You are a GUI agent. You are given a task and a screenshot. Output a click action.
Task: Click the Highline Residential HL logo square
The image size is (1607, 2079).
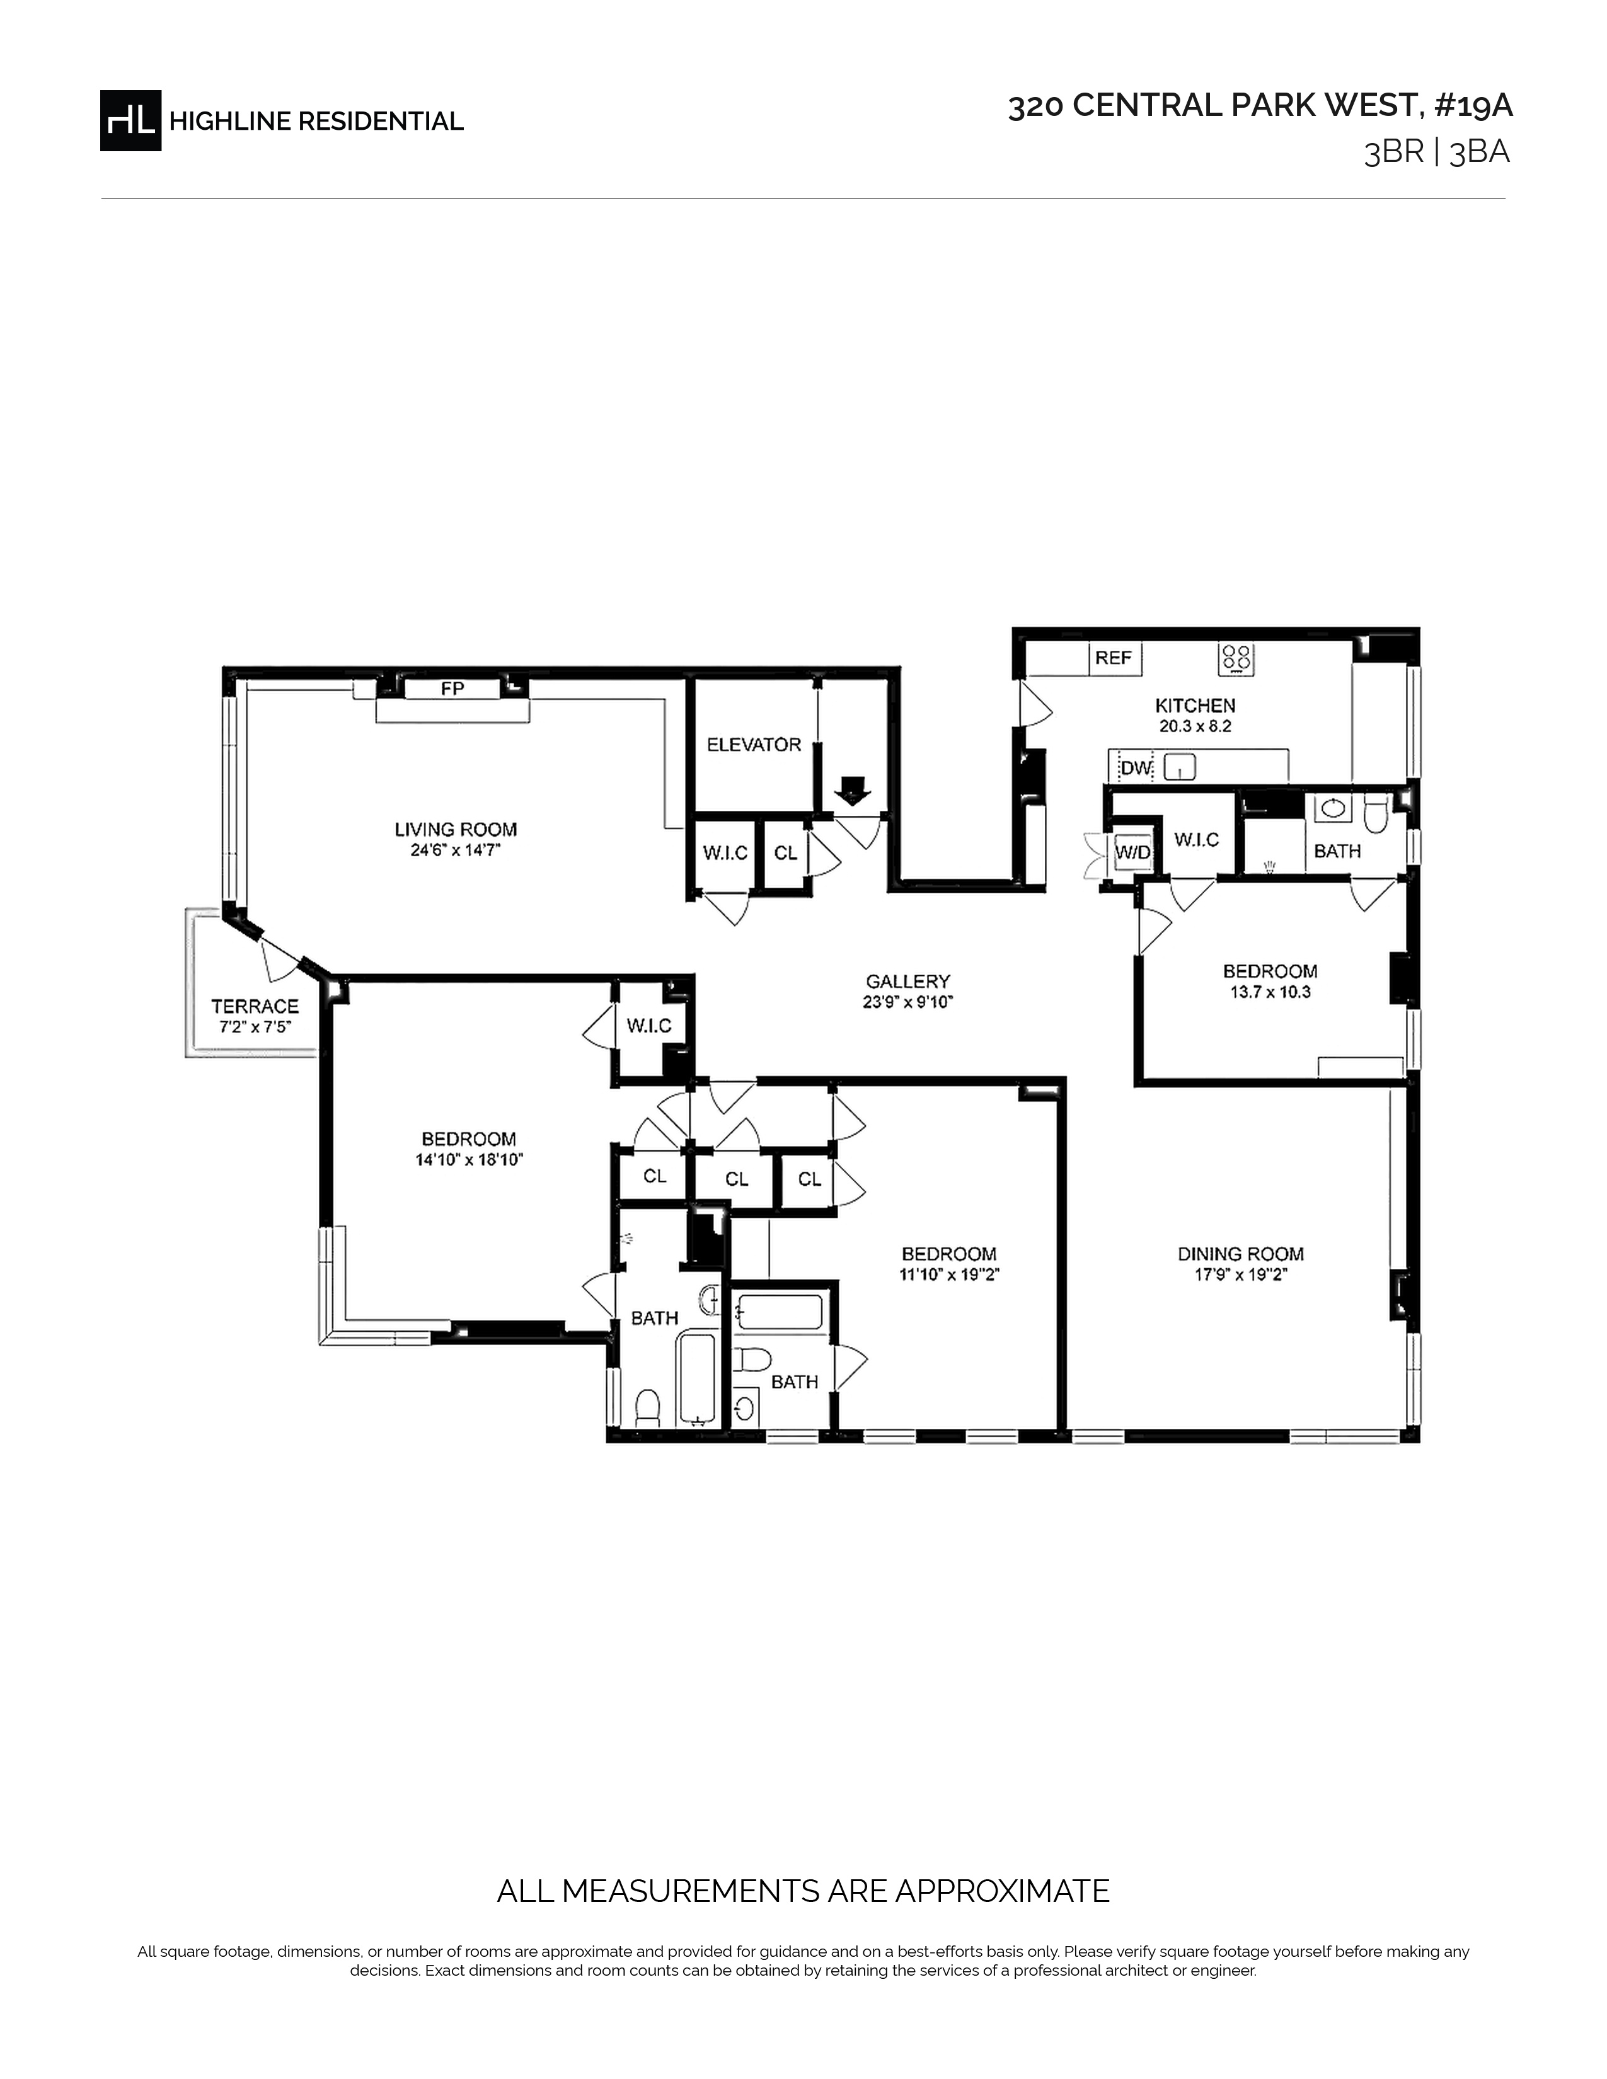(x=130, y=120)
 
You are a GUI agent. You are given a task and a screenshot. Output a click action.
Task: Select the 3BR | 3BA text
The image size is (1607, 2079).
(x=1437, y=152)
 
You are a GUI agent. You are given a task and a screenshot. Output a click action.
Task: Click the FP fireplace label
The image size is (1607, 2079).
(x=452, y=688)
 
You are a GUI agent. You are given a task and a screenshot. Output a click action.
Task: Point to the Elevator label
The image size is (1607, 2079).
(x=754, y=745)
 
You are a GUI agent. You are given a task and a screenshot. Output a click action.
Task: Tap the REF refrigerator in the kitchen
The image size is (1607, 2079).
(x=1114, y=658)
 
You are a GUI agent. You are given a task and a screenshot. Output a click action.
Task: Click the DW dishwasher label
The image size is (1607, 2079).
(x=1136, y=767)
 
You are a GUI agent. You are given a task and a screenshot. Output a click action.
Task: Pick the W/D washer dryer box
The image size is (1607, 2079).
(x=1133, y=853)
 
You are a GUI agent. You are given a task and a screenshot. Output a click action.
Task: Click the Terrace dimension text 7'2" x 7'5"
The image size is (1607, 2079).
(x=254, y=1027)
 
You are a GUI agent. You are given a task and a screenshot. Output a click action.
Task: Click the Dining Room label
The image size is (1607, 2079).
(x=1240, y=1254)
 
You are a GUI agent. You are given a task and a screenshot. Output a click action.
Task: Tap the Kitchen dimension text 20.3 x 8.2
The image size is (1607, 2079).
(x=1195, y=725)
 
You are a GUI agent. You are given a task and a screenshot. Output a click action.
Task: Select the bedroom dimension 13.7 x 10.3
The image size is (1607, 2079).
(x=1270, y=991)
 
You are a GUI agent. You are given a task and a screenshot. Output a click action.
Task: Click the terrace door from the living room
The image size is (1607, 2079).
(x=278, y=956)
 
